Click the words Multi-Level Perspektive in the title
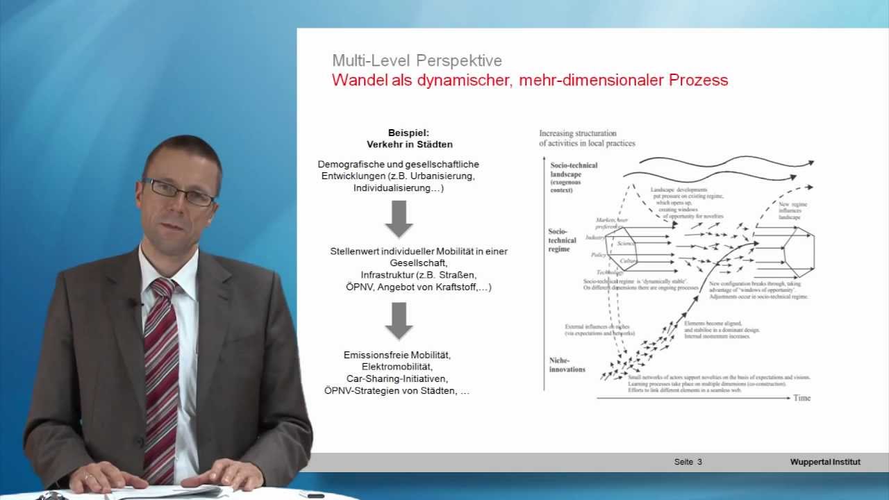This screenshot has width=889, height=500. point(417,60)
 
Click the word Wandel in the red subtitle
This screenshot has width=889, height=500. point(358,80)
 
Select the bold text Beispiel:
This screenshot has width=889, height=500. point(409,132)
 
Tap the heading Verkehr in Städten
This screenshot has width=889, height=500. point(410,144)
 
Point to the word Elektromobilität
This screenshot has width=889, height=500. point(397,367)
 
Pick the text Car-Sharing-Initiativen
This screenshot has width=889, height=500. point(397,378)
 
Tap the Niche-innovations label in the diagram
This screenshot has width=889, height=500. point(568,365)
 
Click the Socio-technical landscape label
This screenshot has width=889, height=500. point(574,170)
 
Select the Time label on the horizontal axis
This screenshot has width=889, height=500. point(802,398)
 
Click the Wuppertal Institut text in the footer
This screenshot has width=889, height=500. point(825,462)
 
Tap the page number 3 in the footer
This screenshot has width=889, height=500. point(700,462)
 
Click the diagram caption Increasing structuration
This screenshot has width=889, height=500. point(578,133)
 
